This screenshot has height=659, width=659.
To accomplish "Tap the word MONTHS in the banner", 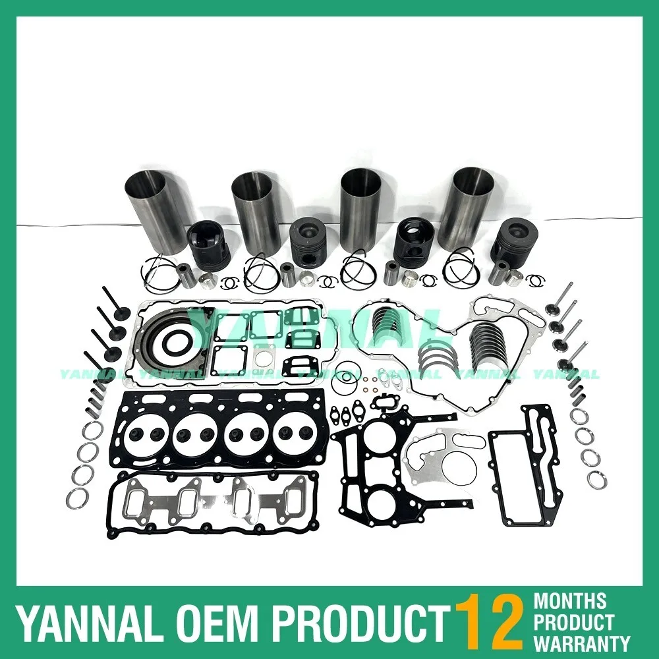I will [571, 601].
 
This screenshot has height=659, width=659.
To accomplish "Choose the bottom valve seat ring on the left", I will [81, 496].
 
